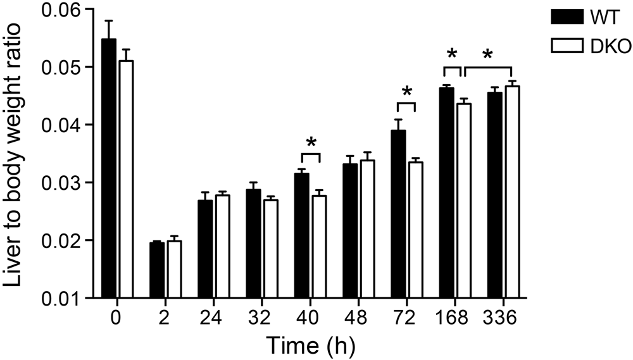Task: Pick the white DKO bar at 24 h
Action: click(222, 247)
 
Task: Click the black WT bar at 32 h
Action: click(253, 244)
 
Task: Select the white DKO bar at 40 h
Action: click(319, 247)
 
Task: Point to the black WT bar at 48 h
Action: click(351, 231)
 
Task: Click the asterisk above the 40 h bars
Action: click(311, 142)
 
